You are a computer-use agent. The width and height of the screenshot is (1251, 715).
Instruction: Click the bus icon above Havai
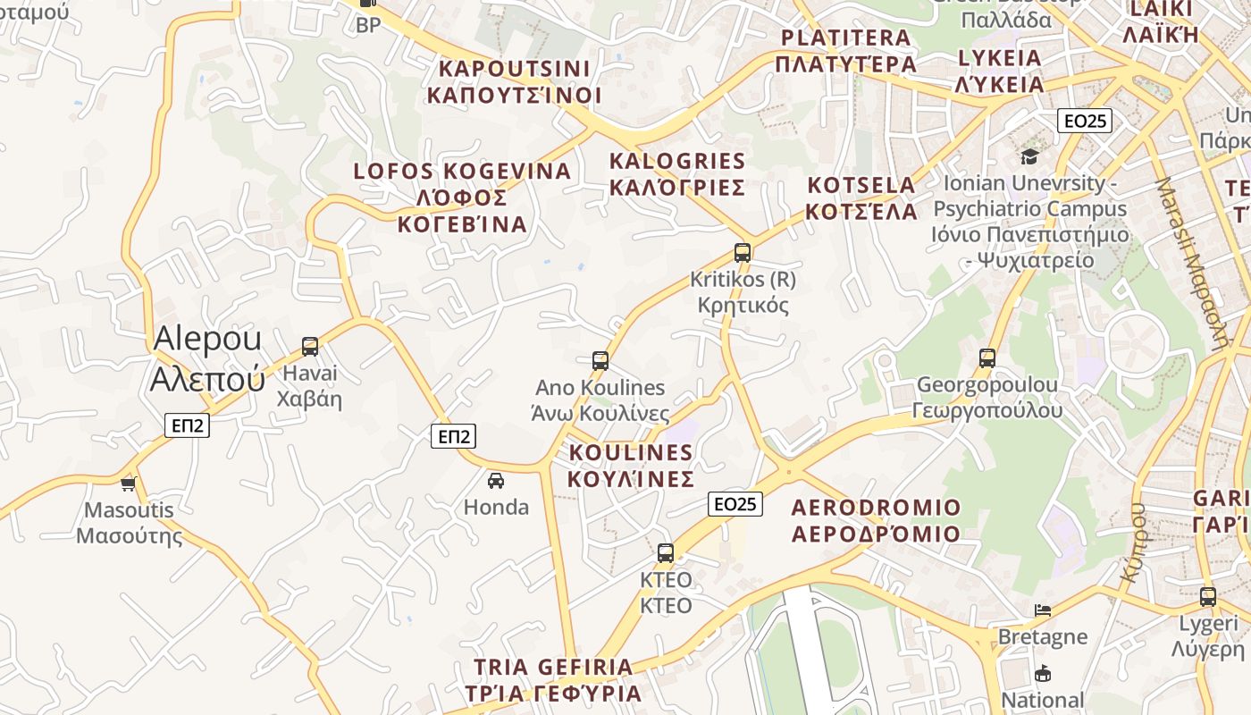pyautogui.click(x=310, y=346)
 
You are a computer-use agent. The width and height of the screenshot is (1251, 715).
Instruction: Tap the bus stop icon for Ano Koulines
pyautogui.click(x=600, y=361)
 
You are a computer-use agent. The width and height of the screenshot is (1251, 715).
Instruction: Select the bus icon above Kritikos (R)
pyautogui.click(x=743, y=252)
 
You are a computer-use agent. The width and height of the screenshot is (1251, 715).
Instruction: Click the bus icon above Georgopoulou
pyautogui.click(x=987, y=358)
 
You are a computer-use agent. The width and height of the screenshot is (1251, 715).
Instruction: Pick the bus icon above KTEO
pyautogui.click(x=666, y=552)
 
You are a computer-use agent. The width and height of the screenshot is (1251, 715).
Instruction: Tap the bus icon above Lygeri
pyautogui.click(x=1208, y=596)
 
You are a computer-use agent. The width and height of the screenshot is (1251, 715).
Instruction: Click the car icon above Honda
pyautogui.click(x=496, y=480)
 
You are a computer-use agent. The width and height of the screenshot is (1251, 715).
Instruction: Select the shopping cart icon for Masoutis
pyautogui.click(x=129, y=484)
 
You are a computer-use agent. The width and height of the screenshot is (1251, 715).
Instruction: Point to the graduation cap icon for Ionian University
pyautogui.click(x=1030, y=157)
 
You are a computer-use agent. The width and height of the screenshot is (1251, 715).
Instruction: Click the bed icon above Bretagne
pyautogui.click(x=1043, y=610)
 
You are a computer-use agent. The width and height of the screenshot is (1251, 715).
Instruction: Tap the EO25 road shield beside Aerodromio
pyautogui.click(x=735, y=504)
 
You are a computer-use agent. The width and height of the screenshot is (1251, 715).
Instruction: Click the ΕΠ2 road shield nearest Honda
pyautogui.click(x=454, y=436)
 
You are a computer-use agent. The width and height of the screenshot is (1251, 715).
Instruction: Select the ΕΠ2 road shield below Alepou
pyautogui.click(x=188, y=425)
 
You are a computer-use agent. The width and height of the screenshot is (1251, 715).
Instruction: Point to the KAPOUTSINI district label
pyautogui.click(x=514, y=81)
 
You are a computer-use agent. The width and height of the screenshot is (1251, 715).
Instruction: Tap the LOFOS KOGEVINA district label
pyautogui.click(x=462, y=197)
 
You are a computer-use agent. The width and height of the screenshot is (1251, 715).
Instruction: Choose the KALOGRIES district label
pyautogui.click(x=676, y=173)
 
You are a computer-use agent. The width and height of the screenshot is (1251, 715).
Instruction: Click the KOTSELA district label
pyautogui.click(x=861, y=198)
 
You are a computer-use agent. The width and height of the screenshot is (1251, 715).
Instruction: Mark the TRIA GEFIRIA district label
pyautogui.click(x=553, y=679)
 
